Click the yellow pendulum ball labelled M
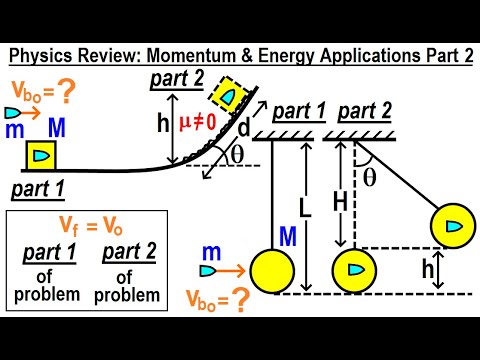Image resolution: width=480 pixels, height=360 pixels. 271,270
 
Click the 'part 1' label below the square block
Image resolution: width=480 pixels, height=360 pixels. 42,188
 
